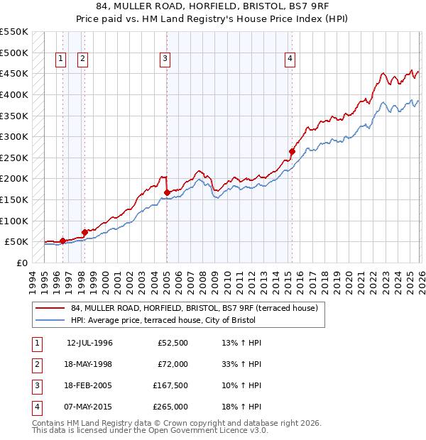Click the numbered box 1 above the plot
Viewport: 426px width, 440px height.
pyautogui.click(x=61, y=59)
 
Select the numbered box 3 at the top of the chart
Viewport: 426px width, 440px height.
pyautogui.click(x=165, y=59)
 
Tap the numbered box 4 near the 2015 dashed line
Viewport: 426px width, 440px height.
pyautogui.click(x=290, y=59)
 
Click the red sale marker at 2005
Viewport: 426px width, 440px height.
pyautogui.click(x=167, y=192)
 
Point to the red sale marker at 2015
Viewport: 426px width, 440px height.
pyautogui.click(x=292, y=151)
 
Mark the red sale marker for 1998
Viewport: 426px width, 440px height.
pyautogui.click(x=84, y=232)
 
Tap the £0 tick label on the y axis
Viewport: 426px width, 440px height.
pyautogui.click(x=21, y=263)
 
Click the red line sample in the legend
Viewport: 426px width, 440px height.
pyautogui.click(x=50, y=308)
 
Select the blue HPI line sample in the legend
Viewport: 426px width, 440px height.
pyautogui.click(x=50, y=320)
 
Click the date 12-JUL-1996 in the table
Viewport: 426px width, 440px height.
pyautogui.click(x=89, y=343)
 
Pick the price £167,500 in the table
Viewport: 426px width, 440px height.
pyautogui.click(x=170, y=387)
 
